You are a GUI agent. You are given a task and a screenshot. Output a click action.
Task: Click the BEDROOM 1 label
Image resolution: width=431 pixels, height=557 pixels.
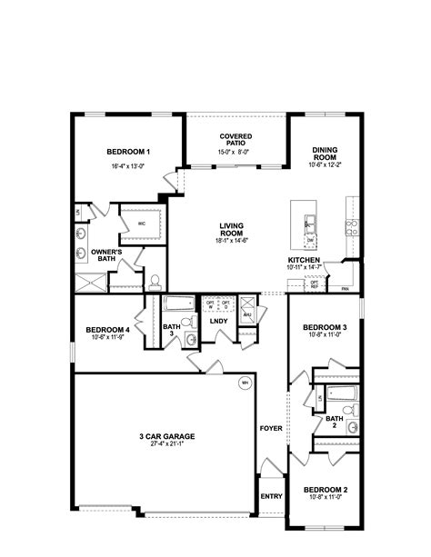128,152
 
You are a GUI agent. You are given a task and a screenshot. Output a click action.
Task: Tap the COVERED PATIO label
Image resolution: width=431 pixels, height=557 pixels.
235,139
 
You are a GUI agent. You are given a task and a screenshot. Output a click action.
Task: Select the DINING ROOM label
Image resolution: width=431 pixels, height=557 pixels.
325,154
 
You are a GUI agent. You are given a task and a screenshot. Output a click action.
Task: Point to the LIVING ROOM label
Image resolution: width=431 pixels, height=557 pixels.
232,229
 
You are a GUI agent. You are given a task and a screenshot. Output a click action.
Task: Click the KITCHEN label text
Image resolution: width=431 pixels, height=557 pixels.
302,260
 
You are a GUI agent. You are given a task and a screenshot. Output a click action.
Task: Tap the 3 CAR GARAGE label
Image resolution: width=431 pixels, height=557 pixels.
167,436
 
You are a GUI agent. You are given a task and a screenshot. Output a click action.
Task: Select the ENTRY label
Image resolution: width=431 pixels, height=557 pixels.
271,496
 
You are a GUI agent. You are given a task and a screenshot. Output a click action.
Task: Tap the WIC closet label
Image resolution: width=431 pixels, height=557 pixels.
143,223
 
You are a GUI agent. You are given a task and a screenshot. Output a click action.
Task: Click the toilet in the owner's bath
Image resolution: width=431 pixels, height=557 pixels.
154,280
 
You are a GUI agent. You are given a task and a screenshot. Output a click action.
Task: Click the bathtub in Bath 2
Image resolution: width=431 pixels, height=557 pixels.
341,394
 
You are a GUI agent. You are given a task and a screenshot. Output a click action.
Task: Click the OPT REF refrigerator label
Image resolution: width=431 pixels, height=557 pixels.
315,283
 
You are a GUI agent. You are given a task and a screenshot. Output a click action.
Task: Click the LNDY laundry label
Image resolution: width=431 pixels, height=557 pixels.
218,320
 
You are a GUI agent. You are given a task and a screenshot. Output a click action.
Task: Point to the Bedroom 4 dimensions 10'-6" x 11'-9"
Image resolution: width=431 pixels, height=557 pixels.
107,337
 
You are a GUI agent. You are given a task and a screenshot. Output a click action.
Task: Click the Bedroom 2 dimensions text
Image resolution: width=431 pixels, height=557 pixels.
325,496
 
